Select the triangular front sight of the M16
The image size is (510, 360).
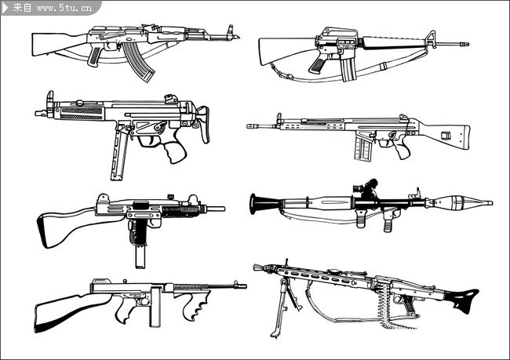[431, 39]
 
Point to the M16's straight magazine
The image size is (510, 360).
[348, 69]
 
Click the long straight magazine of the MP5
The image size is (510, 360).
[118, 153]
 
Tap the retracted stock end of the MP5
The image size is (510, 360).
[204, 124]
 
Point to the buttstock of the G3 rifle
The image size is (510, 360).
[446, 134]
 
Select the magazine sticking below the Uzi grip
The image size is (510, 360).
[140, 257]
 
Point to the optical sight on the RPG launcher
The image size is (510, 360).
[366, 188]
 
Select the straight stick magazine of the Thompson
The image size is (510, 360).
[155, 307]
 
